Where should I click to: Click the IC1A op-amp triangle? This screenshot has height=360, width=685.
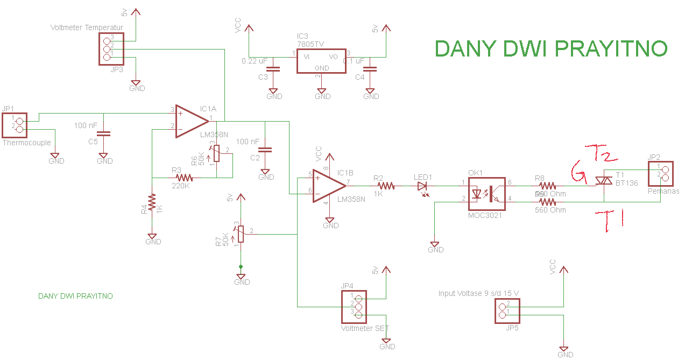tap(192, 121)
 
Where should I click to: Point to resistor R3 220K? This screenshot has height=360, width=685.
tap(183, 177)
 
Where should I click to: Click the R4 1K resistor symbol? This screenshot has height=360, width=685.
tap(152, 202)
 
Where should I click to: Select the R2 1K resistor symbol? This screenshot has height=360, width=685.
tap(386, 186)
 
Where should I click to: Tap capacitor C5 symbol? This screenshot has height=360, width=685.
tap(105, 133)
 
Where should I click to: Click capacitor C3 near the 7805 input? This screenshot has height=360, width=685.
tap(274, 69)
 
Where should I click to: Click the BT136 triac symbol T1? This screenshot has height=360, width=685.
tap(604, 182)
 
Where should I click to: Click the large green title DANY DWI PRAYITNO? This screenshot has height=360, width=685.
tap(551, 49)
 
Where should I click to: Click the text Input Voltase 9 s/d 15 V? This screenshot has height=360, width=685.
tap(478, 293)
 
